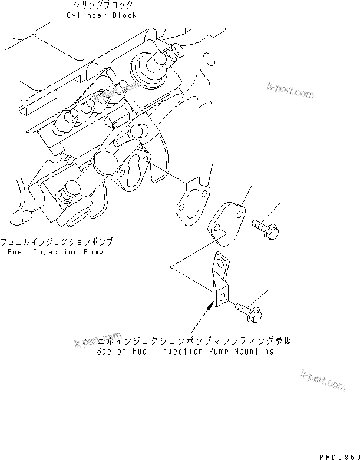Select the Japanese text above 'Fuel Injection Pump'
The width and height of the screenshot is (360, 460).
pyautogui.click(x=57, y=242)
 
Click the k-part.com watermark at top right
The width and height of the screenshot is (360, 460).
pyautogui.click(x=290, y=91)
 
